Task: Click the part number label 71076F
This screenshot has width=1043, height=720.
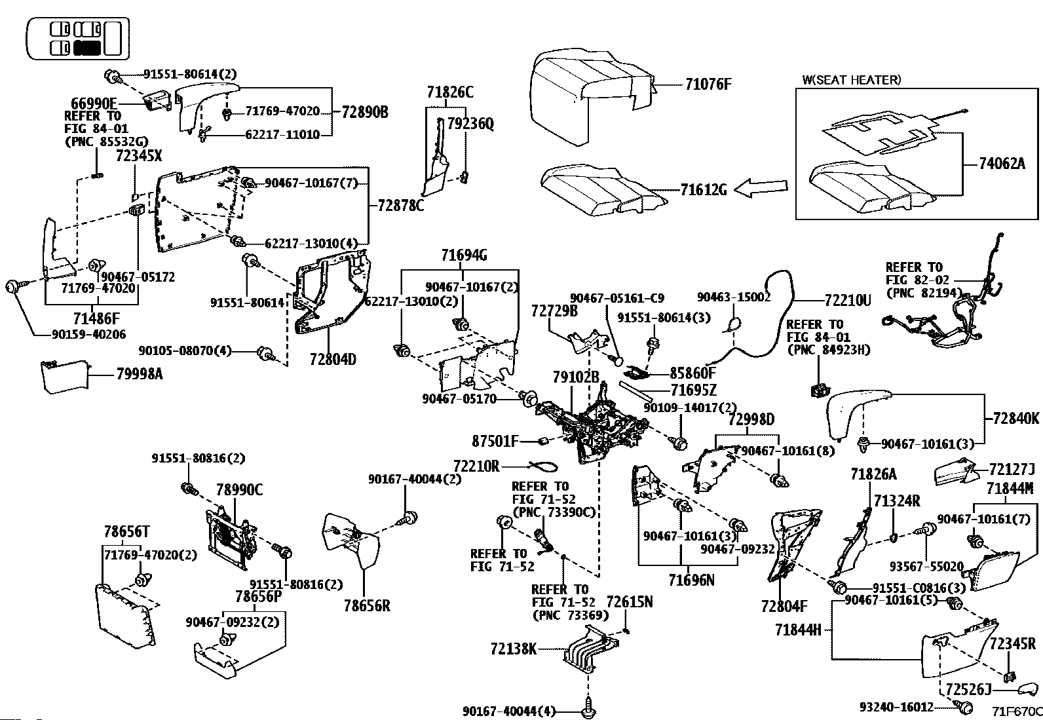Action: (708, 85)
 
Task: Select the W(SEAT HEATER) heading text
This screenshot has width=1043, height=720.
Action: (851, 80)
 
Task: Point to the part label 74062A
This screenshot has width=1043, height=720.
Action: (1002, 164)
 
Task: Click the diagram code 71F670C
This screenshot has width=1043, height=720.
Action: (1016, 711)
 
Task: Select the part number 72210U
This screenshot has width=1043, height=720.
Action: (848, 301)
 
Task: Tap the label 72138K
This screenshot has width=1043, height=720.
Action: (514, 649)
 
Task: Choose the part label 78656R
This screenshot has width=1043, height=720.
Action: (367, 606)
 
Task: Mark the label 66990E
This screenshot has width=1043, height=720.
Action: (94, 104)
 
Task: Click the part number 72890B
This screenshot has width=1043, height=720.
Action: (364, 112)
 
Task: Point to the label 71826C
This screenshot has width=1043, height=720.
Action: (449, 92)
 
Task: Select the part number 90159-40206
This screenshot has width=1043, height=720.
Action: (89, 334)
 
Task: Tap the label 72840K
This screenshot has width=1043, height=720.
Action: (1015, 419)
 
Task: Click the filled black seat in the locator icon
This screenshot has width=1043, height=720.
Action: (86, 47)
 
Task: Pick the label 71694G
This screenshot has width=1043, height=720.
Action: (463, 256)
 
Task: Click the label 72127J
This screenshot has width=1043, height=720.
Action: (1012, 469)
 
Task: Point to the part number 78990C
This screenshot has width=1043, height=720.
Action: (239, 489)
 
